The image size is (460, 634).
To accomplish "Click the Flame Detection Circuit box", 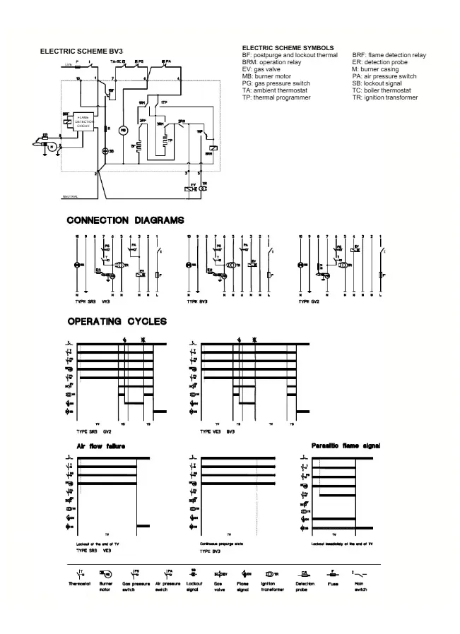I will [x=83, y=121].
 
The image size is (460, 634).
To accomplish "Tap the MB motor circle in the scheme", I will [x=122, y=130].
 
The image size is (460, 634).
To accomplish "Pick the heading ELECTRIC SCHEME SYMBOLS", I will [x=288, y=48].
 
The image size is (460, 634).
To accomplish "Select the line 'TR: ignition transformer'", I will [x=384, y=97].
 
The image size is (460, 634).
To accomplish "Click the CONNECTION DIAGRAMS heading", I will [x=125, y=220].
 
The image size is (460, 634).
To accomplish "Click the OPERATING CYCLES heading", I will [x=117, y=321].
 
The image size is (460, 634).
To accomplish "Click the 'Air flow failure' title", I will [x=101, y=446].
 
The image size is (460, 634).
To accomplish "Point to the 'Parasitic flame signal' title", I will [x=346, y=446].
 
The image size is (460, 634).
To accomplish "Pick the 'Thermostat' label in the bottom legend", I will [x=78, y=584].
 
